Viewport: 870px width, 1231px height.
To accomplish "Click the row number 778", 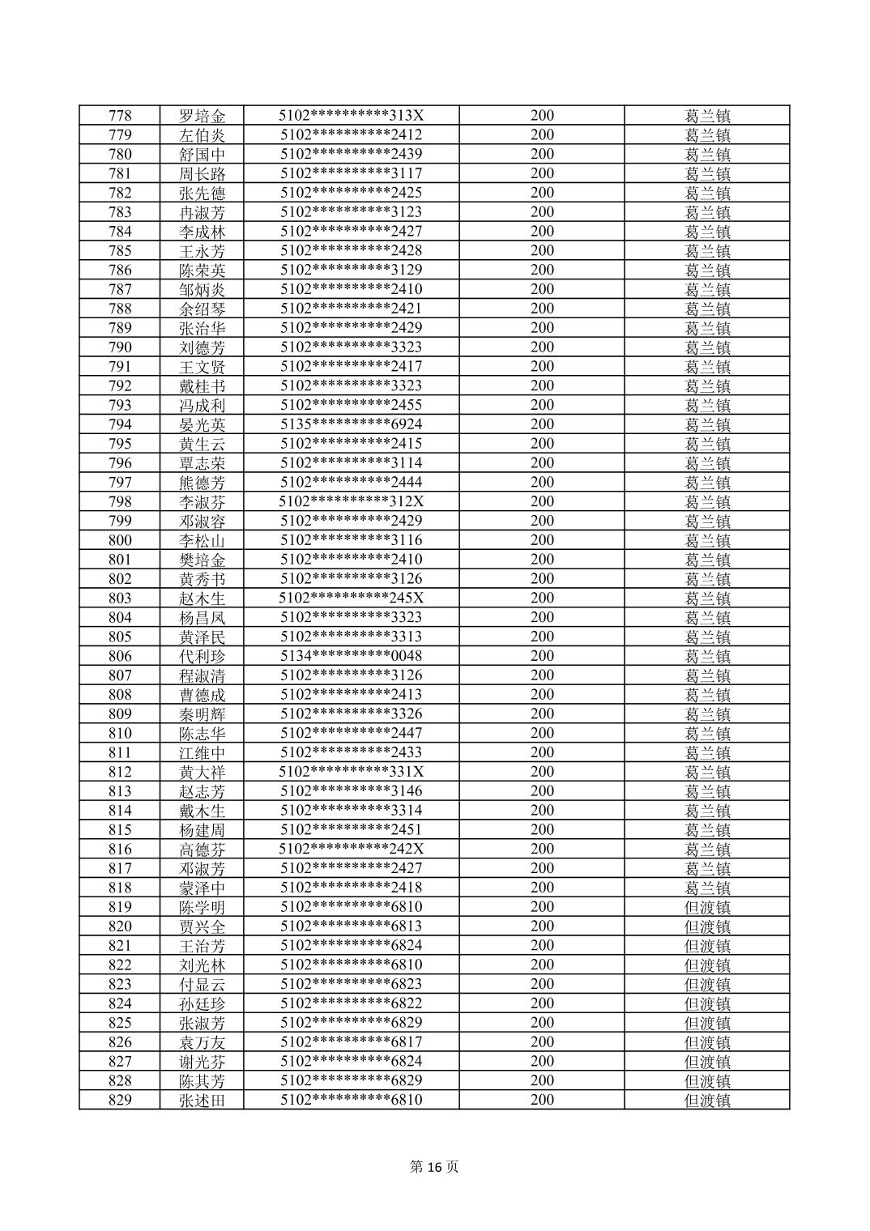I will (120, 116).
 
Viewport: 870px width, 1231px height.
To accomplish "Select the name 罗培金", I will (202, 116).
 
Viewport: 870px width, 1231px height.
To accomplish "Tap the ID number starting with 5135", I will (352, 424).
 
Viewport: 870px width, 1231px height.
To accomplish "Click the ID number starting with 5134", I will (352, 656).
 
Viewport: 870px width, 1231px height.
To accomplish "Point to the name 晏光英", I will (202, 424).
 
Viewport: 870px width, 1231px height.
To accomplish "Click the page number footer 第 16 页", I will (434, 1167).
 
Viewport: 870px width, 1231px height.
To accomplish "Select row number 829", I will (120, 1100).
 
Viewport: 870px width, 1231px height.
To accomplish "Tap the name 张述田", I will (202, 1100).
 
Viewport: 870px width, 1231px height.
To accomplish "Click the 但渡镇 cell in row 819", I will (707, 907).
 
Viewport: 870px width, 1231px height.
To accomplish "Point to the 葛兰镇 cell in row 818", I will (707, 888).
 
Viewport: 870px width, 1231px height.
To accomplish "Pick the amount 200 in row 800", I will (542, 540).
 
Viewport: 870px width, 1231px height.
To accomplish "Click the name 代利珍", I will (202, 656).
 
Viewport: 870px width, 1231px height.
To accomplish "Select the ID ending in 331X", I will (352, 772).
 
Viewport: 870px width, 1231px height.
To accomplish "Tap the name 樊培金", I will (202, 560).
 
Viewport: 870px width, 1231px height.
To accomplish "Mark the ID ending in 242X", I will (352, 849).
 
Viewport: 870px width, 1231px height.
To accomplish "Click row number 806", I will (120, 656).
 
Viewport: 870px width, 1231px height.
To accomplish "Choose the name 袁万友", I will (202, 1042).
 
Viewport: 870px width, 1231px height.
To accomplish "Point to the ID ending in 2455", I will (352, 405).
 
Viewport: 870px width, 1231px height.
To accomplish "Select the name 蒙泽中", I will (202, 888).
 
